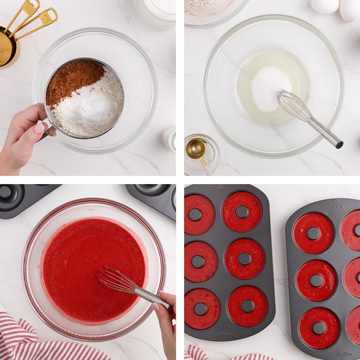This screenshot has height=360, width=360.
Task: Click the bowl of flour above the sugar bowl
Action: click(211, 9)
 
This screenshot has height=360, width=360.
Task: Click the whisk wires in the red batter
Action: click(115, 279)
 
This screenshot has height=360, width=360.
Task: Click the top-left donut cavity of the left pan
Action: click(199, 215)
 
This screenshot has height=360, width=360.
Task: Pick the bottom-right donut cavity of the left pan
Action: click(247, 306)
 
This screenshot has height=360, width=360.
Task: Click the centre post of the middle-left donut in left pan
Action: click(198, 261)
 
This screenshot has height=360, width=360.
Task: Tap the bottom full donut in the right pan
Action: click(319, 328)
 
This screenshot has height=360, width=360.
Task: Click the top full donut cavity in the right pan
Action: click(313, 233)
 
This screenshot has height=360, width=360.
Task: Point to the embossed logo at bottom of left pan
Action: click(225, 333)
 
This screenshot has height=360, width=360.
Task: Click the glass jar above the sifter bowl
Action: click(155, 13)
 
